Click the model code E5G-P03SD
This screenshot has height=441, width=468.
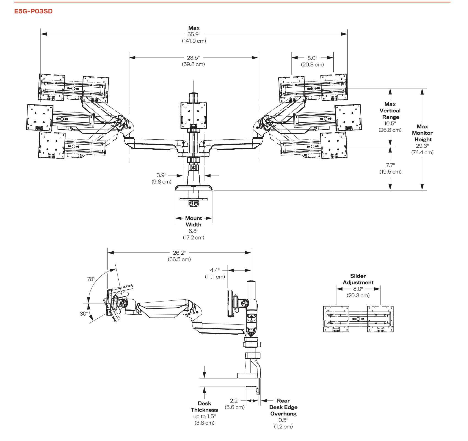tap(33, 11)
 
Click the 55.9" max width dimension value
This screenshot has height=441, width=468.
tap(194, 34)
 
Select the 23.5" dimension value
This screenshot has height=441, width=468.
tap(193, 58)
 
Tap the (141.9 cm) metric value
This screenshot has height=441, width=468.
tap(194, 41)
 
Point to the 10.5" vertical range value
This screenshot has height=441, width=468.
tap(390, 123)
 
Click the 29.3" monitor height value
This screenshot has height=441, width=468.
tap(422, 146)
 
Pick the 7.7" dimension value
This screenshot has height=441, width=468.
tap(390, 165)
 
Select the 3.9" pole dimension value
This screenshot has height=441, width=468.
tap(162, 175)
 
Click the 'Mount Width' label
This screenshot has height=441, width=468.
tap(194, 221)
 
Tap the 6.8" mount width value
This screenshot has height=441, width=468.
tap(194, 231)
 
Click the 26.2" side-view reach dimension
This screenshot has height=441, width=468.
tap(179, 253)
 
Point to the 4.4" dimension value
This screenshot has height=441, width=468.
tap(215, 270)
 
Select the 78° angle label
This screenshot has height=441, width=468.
tap(91, 279)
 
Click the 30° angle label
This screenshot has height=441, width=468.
tap(84, 314)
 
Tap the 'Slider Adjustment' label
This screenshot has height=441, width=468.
tap(358, 279)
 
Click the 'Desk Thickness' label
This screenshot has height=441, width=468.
tap(204, 407)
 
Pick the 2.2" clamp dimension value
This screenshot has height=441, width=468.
tap(235, 400)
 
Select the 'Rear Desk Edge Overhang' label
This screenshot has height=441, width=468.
tap(283, 407)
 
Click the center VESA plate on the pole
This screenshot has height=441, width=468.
tap(194, 115)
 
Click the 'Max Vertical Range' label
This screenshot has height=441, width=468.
tap(390, 111)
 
